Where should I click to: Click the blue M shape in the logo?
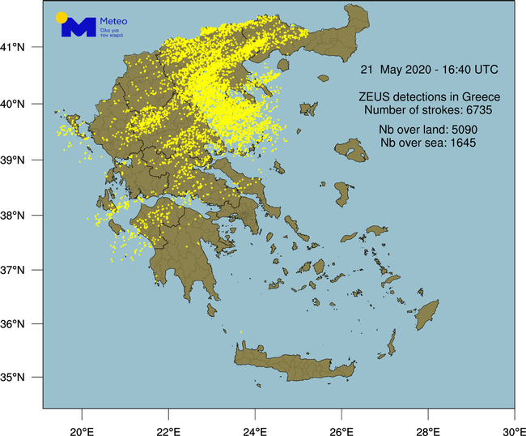coord(79,28)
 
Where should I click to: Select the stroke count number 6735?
coord(477,109)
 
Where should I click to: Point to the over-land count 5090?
coord(460,131)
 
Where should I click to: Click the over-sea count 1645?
coord(459,143)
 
